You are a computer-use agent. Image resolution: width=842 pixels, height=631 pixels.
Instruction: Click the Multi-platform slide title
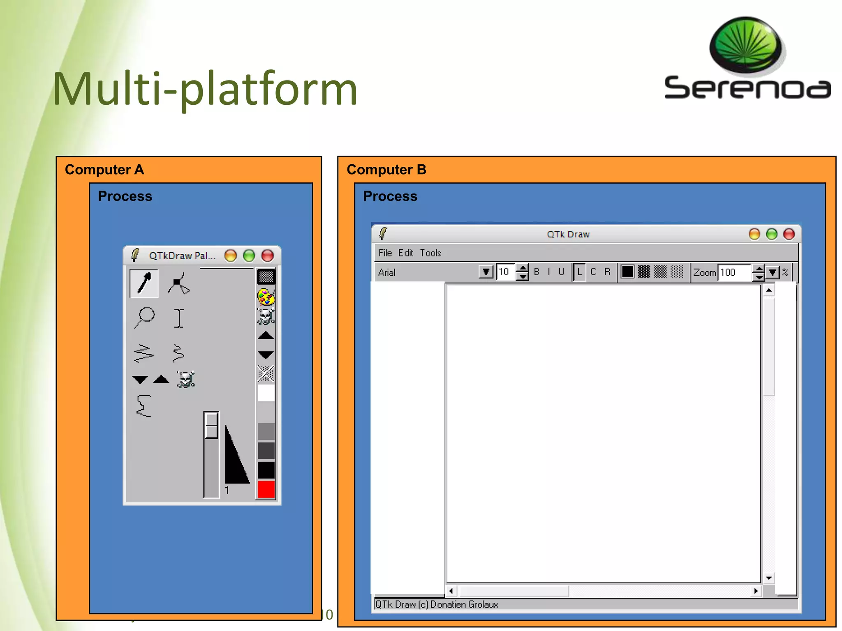point(205,89)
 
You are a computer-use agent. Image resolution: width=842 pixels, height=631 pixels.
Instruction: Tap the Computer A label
point(104,170)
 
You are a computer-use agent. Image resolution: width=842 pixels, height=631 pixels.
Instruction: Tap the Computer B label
point(386,170)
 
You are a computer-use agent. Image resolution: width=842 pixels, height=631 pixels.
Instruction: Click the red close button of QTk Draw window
point(789,234)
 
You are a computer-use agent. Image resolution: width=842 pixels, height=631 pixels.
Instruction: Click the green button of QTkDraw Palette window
point(249,256)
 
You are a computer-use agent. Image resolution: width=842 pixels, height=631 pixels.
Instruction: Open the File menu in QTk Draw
point(385,253)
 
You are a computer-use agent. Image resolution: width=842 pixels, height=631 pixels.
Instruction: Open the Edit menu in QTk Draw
point(405,253)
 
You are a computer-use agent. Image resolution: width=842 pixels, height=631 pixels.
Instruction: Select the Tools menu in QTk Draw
point(430,253)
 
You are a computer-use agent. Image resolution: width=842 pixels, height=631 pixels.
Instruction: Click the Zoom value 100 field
point(734,272)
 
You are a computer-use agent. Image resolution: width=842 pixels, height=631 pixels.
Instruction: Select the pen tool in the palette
point(144,283)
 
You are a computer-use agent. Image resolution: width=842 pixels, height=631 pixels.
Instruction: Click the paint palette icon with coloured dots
point(266,297)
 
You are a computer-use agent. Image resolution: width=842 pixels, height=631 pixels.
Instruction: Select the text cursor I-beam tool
point(178,318)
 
